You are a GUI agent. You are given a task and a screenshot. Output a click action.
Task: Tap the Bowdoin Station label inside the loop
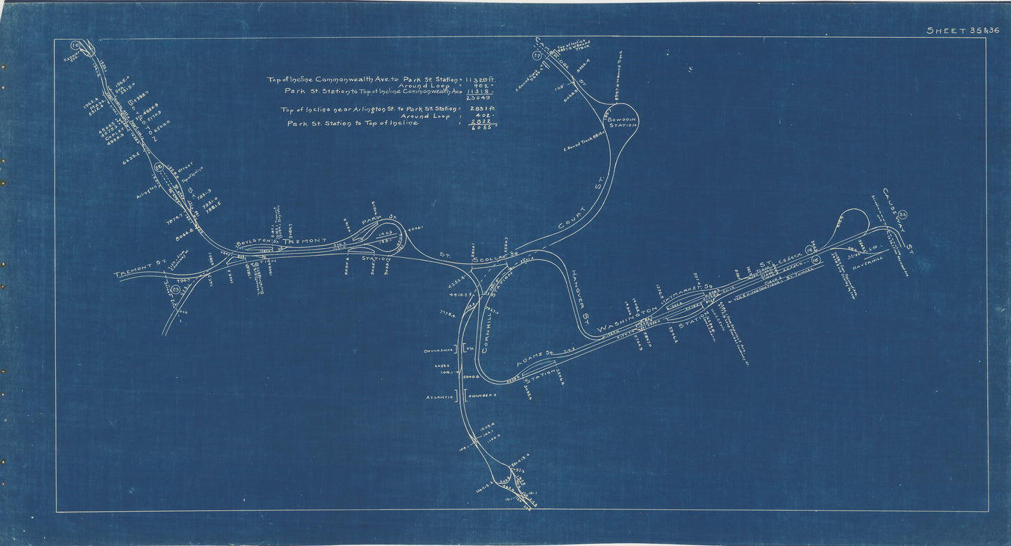click(621, 123)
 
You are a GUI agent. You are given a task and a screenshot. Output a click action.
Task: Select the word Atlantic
click(438, 396)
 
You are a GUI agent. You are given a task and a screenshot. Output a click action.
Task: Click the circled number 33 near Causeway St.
click(903, 214)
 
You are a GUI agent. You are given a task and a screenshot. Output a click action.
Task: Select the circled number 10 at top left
click(76, 45)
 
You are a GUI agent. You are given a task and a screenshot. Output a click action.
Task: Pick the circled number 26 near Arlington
click(160, 167)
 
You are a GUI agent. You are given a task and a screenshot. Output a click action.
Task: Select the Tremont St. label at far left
click(139, 272)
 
